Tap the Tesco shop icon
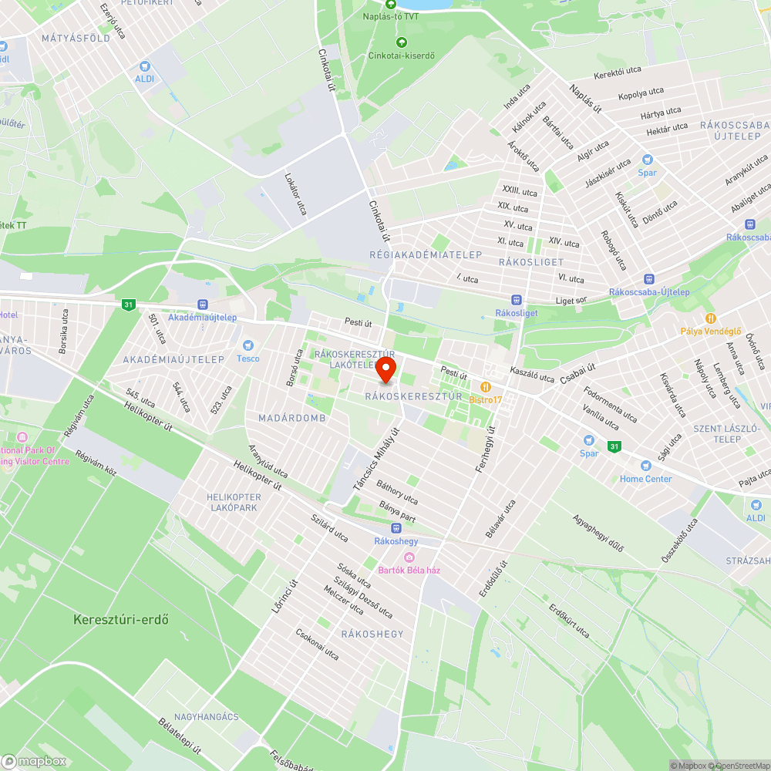tap(247, 345)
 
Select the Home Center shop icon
tap(645, 466)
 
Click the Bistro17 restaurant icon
tap(486, 386)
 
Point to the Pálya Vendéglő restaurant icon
tap(710, 318)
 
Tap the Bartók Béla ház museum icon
tap(409, 557)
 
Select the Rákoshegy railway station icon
tap(396, 528)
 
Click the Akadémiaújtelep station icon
tap(203, 305)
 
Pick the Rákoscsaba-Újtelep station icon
tap(648, 278)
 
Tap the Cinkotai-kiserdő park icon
tap(401, 42)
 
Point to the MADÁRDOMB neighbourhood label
tap(291, 418)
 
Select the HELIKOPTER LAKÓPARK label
tap(234, 502)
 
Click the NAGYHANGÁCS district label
tap(206, 717)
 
